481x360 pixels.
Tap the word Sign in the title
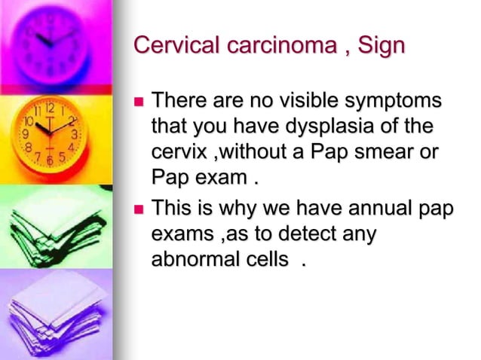380,45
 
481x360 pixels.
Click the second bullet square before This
138,208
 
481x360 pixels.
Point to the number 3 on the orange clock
74,135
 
